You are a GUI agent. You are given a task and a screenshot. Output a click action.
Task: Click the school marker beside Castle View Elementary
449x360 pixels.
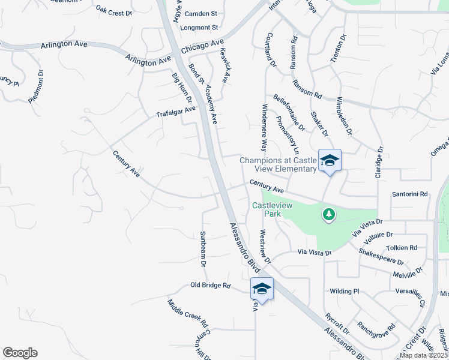[330, 160]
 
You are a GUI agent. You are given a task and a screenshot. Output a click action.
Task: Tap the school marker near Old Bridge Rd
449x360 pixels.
[262, 289]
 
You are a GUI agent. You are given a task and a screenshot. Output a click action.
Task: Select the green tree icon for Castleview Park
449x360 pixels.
[328, 214]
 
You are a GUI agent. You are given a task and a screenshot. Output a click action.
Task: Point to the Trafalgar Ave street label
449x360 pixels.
[176, 112]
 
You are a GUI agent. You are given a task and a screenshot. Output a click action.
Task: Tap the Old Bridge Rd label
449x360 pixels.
[210, 285]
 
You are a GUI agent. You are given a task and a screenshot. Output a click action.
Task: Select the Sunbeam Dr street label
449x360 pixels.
[203, 249]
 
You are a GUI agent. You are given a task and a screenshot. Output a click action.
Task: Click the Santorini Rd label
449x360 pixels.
[409, 194]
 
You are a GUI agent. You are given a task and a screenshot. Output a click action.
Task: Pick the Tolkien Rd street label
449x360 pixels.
[402, 247]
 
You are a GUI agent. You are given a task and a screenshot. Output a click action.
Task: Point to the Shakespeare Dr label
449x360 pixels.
[382, 257]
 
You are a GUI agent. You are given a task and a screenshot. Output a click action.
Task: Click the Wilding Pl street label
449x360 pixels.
[344, 292]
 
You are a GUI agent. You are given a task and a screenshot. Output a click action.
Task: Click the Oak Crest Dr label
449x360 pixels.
[113, 11]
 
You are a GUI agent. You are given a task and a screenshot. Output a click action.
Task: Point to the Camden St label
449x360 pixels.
[200, 13]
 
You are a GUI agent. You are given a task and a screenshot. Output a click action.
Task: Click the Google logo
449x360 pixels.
[20, 353]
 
